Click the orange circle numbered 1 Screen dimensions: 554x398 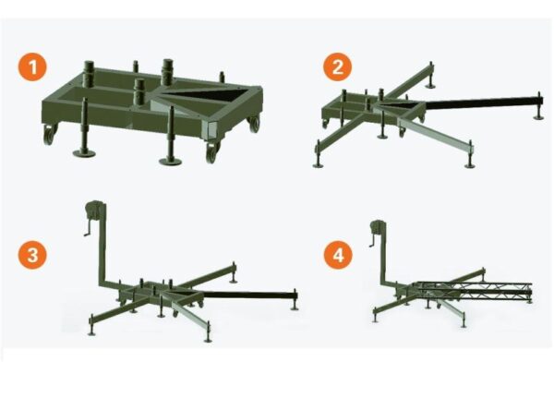32,66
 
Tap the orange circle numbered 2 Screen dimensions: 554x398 337,66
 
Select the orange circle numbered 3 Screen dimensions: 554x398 32,255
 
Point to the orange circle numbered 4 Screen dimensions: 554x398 338,255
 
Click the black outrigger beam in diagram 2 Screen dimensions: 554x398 483,103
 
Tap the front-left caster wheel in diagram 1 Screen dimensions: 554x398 49,135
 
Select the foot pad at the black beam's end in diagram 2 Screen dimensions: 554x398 538,116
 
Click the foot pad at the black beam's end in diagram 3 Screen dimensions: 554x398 295,308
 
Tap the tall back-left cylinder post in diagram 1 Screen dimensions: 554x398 89,74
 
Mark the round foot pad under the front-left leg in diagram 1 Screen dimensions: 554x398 84,153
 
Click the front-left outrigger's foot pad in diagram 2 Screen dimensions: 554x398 319,164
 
